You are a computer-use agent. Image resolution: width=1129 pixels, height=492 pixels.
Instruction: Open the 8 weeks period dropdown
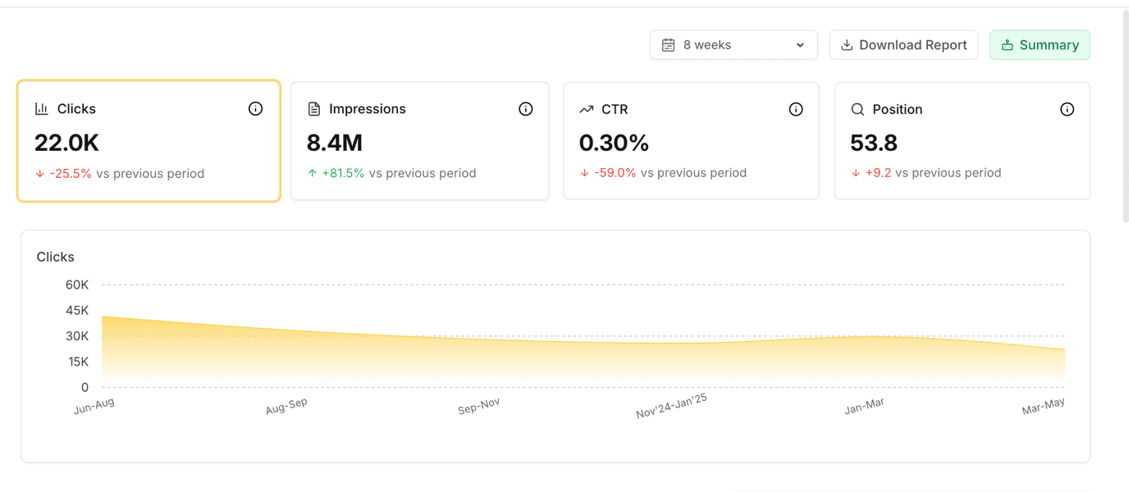(733, 45)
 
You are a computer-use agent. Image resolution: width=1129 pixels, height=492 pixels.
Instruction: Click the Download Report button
(903, 45)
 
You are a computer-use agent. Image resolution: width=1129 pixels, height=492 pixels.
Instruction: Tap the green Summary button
(1040, 45)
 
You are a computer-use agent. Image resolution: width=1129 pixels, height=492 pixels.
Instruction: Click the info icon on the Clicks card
(255, 108)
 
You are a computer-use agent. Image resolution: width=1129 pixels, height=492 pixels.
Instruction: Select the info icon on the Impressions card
(526, 109)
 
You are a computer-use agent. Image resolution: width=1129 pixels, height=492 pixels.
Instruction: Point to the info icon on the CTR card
(796, 109)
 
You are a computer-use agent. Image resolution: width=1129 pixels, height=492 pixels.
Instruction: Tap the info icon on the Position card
(1067, 109)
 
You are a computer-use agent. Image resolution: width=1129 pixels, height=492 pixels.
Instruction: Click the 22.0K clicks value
(66, 143)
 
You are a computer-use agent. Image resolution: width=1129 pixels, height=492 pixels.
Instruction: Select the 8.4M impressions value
(335, 143)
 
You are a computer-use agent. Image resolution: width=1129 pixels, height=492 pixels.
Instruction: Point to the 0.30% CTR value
(614, 143)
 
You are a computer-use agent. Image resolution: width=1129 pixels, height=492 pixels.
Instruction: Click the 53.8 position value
(874, 143)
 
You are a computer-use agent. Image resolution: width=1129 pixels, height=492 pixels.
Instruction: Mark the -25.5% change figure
(71, 174)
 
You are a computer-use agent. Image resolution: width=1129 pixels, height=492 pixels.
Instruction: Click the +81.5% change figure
(343, 173)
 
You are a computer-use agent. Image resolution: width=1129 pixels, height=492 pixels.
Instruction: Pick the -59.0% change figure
(615, 173)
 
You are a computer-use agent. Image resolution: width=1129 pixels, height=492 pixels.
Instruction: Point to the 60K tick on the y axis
(77, 285)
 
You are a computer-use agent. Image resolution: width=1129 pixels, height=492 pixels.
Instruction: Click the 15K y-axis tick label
(78, 362)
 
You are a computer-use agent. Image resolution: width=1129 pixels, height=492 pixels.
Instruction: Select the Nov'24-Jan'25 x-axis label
(671, 406)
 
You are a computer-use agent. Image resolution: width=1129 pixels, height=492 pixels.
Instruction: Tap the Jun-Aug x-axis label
(94, 406)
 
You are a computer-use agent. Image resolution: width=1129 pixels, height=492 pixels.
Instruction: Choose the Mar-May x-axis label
(1043, 406)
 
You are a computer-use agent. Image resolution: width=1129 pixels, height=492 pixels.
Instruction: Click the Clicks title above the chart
(56, 257)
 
